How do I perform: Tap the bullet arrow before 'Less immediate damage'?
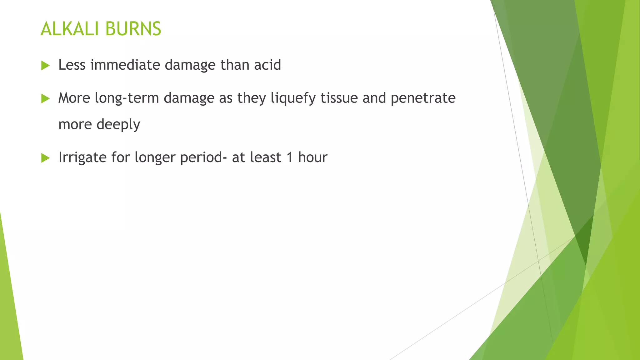coord(46,66)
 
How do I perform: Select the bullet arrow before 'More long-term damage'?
coord(46,99)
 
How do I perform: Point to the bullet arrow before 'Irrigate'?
coord(46,158)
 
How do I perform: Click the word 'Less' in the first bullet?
coord(72,65)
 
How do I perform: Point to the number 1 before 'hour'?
coord(290,157)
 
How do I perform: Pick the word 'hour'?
coord(312,157)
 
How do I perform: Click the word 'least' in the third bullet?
coord(266,157)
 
